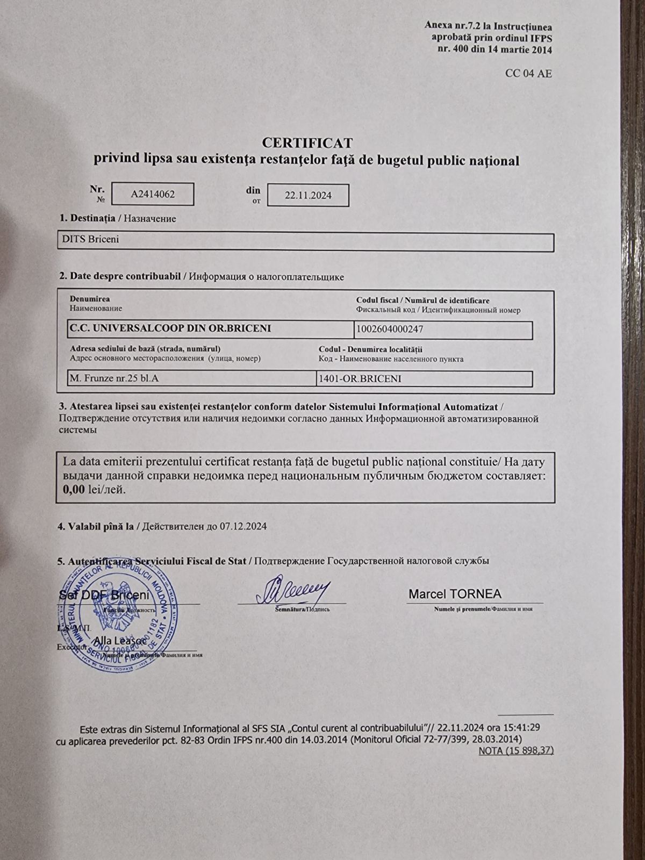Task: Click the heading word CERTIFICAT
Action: (307, 143)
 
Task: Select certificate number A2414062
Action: (153, 195)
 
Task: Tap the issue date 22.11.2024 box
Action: (308, 196)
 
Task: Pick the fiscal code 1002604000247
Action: (386, 328)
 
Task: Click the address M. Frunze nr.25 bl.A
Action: (114, 378)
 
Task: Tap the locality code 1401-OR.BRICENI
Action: (360, 379)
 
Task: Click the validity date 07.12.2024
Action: (243, 526)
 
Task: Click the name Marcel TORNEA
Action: (455, 594)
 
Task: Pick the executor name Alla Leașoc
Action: (120, 641)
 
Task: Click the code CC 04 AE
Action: (528, 74)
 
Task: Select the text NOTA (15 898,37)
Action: (515, 750)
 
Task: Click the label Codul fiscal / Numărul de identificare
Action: (422, 300)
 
